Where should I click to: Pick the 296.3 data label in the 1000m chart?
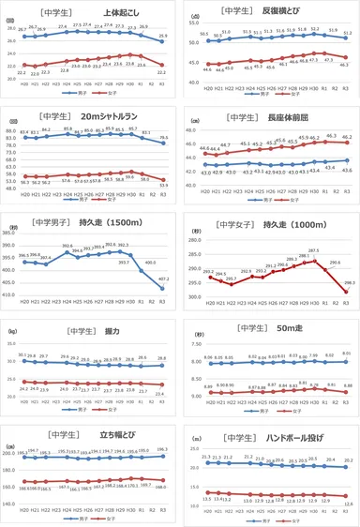[348, 282]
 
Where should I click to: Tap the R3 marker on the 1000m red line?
[348, 293]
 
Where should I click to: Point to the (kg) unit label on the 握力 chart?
[10, 331]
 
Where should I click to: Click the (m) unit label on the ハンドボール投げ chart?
[193, 437]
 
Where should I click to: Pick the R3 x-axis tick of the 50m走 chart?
[348, 400]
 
